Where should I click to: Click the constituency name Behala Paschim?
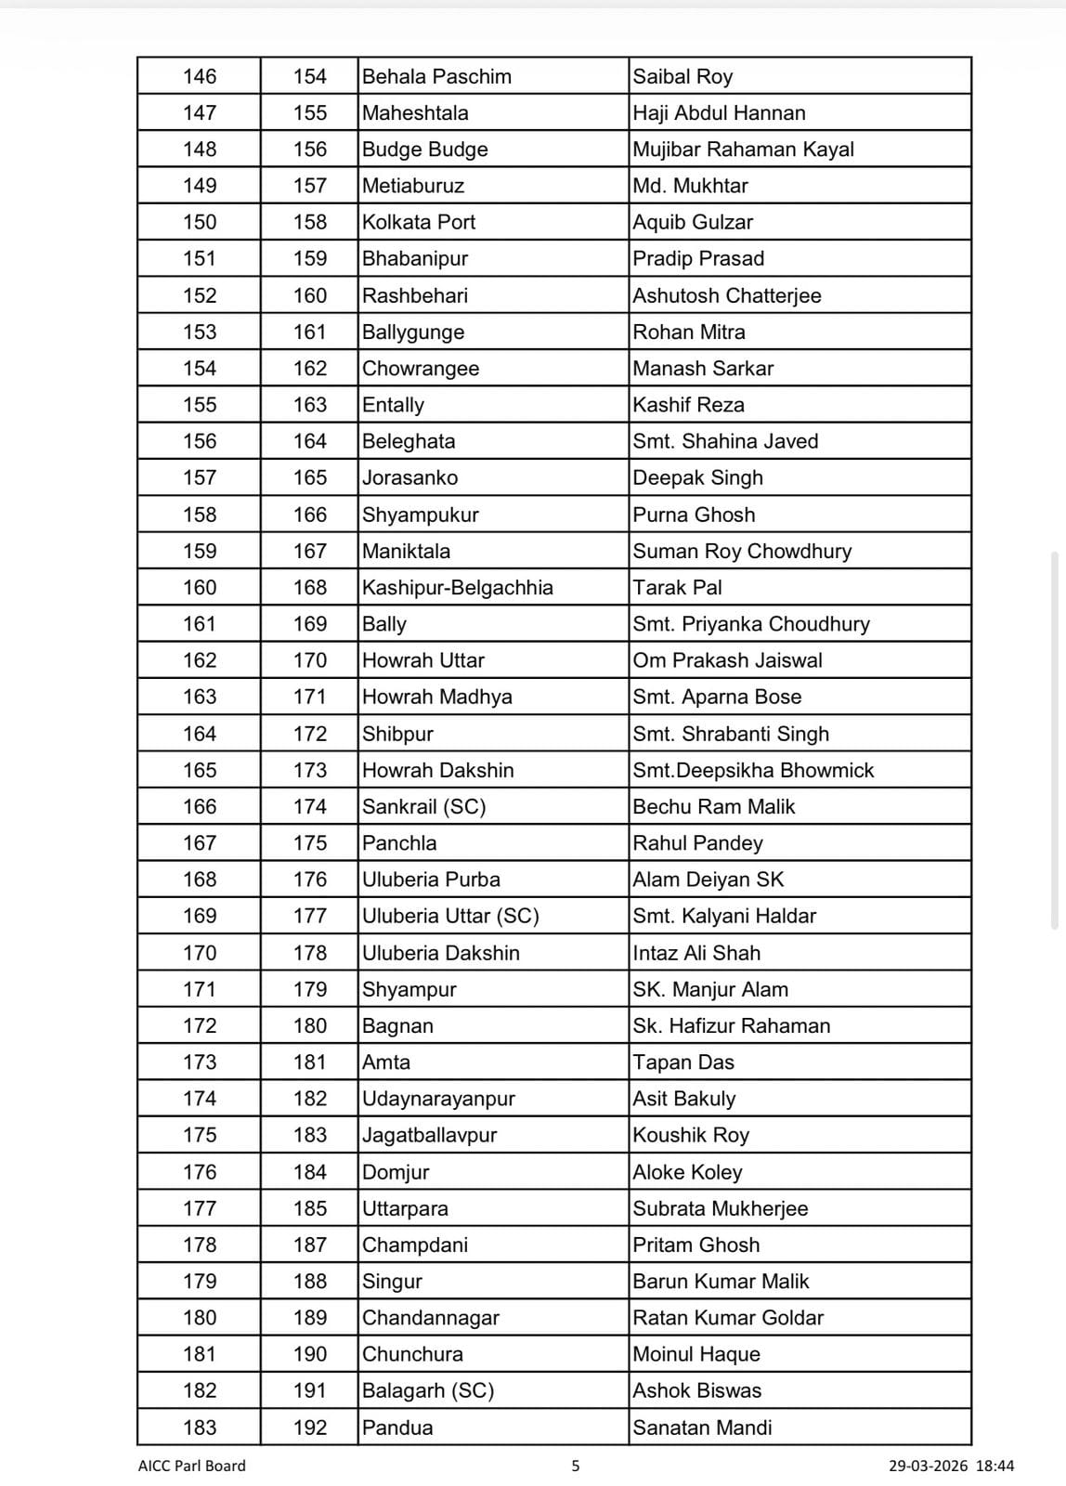tap(436, 76)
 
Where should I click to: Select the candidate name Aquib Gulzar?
tap(693, 222)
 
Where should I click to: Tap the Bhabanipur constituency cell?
tap(415, 258)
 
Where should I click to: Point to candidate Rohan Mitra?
tap(689, 332)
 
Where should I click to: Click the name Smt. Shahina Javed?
tap(725, 441)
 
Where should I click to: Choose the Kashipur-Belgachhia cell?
tap(458, 587)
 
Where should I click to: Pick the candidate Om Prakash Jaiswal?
tap(727, 660)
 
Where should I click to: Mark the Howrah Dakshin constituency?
tap(437, 770)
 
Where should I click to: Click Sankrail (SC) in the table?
tap(424, 806)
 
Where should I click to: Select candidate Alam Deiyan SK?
tap(708, 880)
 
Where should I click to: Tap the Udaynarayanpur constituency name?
tap(438, 1099)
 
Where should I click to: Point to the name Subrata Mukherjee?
tap(721, 1208)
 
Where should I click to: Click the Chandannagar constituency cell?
tap(431, 1318)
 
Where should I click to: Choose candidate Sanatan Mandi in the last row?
tap(702, 1427)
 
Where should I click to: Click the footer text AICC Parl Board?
tap(192, 1466)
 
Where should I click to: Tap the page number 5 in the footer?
tap(576, 1466)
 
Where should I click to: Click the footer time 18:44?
tap(995, 1466)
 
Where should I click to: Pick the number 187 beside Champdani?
tap(310, 1245)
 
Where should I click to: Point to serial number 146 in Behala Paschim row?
tap(200, 76)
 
